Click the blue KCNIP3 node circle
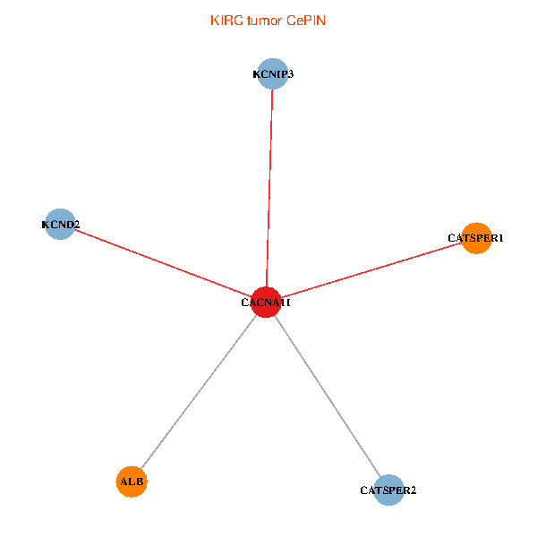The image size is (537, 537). (x=273, y=74)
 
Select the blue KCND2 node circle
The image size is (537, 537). (x=60, y=225)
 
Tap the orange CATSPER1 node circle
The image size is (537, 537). (x=476, y=238)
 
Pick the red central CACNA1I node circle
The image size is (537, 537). (x=266, y=303)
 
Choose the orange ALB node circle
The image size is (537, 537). (x=132, y=482)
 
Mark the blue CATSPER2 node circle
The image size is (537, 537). (x=388, y=490)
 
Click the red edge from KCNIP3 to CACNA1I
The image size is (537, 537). (x=269, y=188)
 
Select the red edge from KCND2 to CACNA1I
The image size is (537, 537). (x=163, y=263)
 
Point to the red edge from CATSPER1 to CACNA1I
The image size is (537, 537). (x=371, y=270)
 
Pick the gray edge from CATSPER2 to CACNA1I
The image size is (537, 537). (x=328, y=396)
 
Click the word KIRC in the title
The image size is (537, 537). (x=226, y=21)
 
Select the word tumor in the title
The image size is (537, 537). (x=265, y=21)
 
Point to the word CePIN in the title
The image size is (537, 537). (x=306, y=21)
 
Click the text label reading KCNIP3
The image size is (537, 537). (x=273, y=74)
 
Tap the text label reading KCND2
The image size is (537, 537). (x=61, y=225)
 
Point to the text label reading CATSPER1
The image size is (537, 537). (x=476, y=238)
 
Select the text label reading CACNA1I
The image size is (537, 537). (x=266, y=303)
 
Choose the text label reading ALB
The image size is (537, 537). (x=132, y=482)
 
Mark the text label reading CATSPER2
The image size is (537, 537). (x=388, y=490)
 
